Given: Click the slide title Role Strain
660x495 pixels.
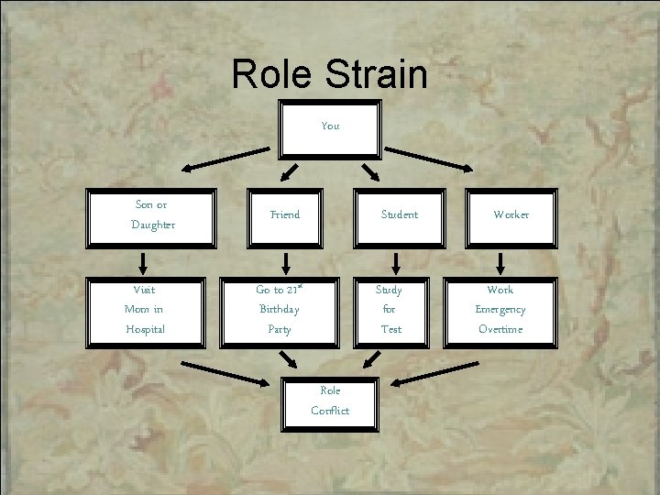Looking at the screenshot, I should click(x=329, y=74).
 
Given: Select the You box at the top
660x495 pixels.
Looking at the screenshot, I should click(x=329, y=126).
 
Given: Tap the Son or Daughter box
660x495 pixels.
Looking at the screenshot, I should click(x=151, y=217).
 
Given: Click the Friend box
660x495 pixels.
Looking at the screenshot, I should click(x=285, y=217).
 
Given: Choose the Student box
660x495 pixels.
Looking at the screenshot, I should click(x=399, y=217).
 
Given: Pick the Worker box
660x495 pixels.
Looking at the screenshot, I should click(x=511, y=217).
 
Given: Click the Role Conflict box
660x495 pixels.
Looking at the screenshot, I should click(x=330, y=401).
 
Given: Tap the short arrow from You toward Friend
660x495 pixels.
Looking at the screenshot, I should click(x=290, y=172).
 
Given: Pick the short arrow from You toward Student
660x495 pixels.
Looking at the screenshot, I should click(x=370, y=172).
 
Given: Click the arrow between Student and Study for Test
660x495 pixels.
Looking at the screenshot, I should click(x=396, y=262).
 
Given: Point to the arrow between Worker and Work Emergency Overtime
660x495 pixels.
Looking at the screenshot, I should click(x=500, y=262).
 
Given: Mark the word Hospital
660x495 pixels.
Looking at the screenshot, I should click(x=146, y=329).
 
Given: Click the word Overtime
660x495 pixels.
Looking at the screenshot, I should click(x=500, y=329).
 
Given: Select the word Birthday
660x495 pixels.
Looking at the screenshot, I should click(x=280, y=309).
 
